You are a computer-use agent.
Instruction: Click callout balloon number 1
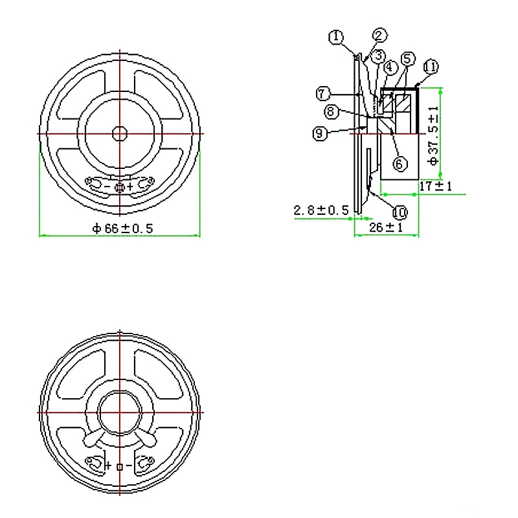tap(335, 37)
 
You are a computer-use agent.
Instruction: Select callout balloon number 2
tap(380, 35)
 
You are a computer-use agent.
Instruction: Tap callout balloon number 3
tap(378, 56)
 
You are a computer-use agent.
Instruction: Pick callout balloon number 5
tap(407, 58)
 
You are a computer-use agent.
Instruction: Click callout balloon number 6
tap(400, 164)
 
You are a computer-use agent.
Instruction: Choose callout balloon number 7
tap(323, 93)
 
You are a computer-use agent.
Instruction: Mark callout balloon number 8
tap(330, 111)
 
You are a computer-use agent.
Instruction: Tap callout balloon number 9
tap(319, 133)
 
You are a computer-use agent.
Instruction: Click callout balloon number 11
tap(431, 66)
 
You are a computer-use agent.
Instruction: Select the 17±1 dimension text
tap(435, 186)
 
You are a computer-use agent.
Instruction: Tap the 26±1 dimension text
tap(386, 228)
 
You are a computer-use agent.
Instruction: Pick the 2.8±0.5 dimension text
tap(321, 210)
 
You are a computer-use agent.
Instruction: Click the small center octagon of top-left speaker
tap(120, 133)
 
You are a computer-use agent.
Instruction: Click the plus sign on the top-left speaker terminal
tap(130, 187)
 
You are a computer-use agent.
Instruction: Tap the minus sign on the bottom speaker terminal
tap(129, 466)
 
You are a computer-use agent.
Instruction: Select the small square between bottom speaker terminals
tap(119, 466)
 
